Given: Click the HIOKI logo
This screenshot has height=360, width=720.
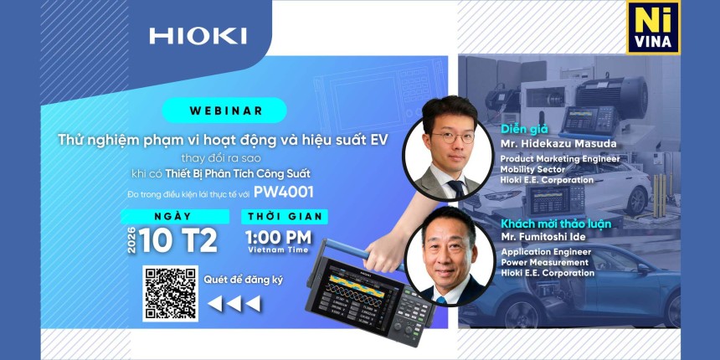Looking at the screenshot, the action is [x=198, y=36].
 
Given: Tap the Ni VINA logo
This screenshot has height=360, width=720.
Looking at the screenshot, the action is [x=653, y=28].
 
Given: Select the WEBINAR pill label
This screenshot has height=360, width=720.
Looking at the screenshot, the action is [x=224, y=111].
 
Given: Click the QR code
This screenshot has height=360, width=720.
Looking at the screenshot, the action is [x=170, y=293].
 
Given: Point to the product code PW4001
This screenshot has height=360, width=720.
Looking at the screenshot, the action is [x=284, y=193].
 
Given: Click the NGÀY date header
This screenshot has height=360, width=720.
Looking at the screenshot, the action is [x=174, y=216].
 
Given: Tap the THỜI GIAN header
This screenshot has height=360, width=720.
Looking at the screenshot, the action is [x=285, y=216].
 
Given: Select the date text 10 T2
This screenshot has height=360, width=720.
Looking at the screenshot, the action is [x=178, y=241].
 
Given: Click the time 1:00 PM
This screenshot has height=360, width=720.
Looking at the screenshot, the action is [x=278, y=238].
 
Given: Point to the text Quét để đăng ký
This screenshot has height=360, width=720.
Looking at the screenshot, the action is [x=244, y=280].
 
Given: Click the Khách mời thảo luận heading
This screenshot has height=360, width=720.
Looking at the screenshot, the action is [x=556, y=224].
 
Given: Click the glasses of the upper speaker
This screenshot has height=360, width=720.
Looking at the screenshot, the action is [x=453, y=136].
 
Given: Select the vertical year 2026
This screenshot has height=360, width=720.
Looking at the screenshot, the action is [x=131, y=240].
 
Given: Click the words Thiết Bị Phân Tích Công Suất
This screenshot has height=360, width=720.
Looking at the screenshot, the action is [x=238, y=174].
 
